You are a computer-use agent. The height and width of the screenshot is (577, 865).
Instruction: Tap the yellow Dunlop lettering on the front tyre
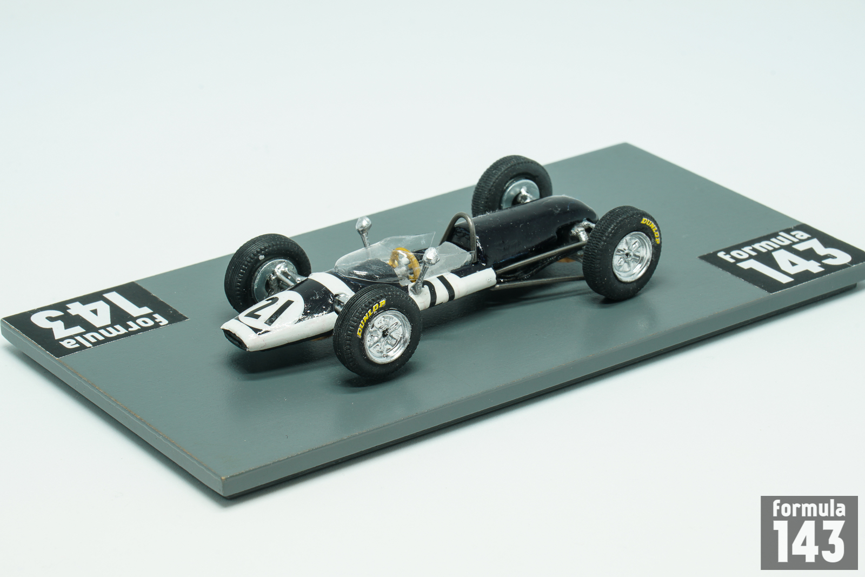(x=371, y=318)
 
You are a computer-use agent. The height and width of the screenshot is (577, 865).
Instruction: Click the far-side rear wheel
(x=511, y=185)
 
